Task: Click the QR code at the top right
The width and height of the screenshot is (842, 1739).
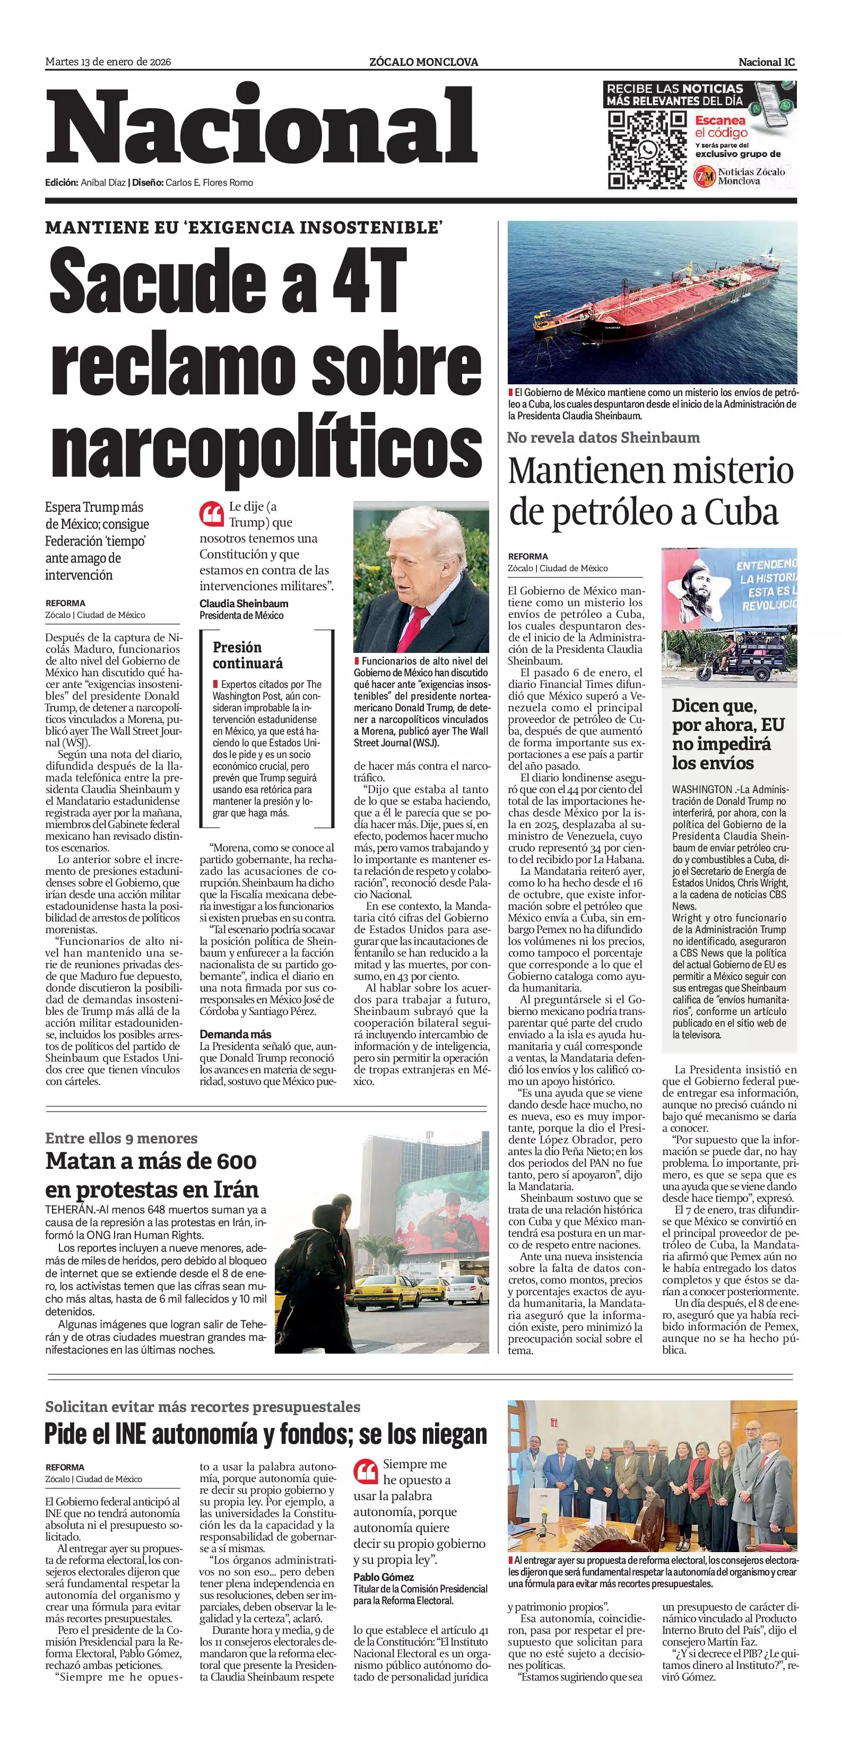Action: pos(646,149)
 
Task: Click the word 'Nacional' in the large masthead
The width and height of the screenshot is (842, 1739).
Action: pos(261,127)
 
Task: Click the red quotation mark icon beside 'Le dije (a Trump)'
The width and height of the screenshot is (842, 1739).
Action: pos(211,514)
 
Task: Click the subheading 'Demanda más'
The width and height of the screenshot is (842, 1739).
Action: pos(236,1034)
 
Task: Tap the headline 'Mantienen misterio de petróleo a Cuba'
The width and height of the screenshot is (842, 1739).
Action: pos(650,491)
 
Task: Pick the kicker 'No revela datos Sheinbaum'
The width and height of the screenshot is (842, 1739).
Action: pos(603,437)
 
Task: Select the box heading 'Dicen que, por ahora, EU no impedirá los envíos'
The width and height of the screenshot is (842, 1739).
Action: pos(728,734)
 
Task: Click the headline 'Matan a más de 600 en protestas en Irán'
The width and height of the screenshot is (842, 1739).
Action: pos(152,1175)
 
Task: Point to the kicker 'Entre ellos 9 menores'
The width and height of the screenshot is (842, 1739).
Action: pos(121,1138)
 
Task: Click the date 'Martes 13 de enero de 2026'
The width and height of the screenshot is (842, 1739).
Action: pos(108,62)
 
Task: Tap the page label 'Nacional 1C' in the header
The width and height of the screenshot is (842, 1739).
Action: pos(767,62)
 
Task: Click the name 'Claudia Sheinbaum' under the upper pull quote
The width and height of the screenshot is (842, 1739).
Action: pos(244,604)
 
